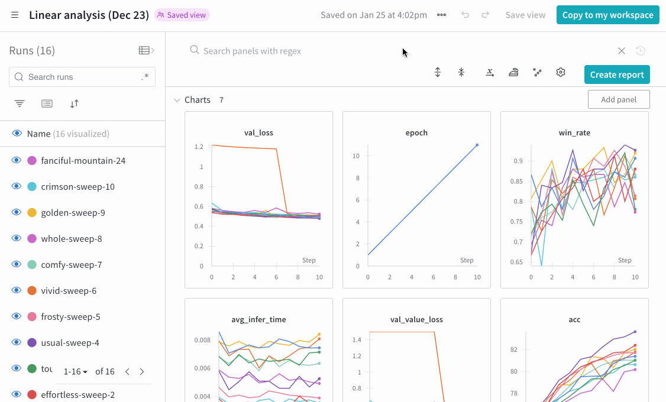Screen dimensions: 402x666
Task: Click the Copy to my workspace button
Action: point(608,15)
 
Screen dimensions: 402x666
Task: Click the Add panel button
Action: point(619,99)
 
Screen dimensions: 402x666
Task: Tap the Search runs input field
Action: point(82,77)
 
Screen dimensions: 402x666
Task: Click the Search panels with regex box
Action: point(402,51)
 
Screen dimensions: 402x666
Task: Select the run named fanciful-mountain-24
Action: point(83,161)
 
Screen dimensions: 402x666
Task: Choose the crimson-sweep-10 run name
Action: point(77,187)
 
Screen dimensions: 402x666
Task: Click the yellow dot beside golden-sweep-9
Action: point(32,213)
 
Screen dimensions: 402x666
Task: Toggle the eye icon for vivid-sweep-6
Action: point(17,291)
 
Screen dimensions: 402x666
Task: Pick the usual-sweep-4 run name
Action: point(70,343)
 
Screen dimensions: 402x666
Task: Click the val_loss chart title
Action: point(258,133)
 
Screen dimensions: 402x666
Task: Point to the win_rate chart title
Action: point(574,133)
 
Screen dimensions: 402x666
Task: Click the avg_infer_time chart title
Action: point(258,320)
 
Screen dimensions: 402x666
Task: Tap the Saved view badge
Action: point(182,15)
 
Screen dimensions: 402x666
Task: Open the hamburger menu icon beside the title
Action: point(15,15)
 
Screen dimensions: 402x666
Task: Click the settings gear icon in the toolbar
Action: point(561,72)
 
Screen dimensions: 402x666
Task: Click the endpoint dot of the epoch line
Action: point(477,145)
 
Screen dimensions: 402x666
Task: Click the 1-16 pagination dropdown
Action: point(76,372)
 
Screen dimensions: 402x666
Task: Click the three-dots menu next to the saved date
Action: point(441,15)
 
